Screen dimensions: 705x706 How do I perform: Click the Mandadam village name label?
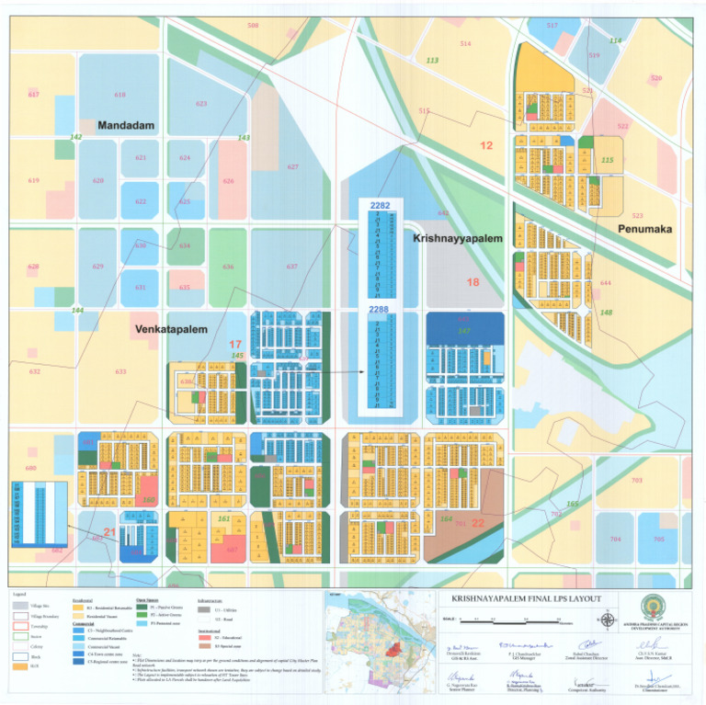[126, 125]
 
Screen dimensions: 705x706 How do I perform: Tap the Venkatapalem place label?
[170, 328]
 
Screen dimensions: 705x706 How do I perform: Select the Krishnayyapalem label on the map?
[458, 238]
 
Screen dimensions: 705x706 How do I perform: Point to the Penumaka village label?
[644, 229]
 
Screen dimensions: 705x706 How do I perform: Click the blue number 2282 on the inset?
[380, 205]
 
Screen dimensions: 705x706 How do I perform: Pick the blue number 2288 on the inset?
[379, 311]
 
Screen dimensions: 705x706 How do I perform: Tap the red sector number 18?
[473, 282]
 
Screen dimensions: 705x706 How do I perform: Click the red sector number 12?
[486, 145]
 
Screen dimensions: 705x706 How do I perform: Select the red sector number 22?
[477, 522]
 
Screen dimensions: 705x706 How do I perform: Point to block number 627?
[292, 166]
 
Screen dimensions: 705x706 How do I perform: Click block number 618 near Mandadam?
[120, 95]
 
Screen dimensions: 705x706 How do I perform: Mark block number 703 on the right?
[636, 481]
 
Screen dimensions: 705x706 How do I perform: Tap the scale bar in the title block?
[515, 621]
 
